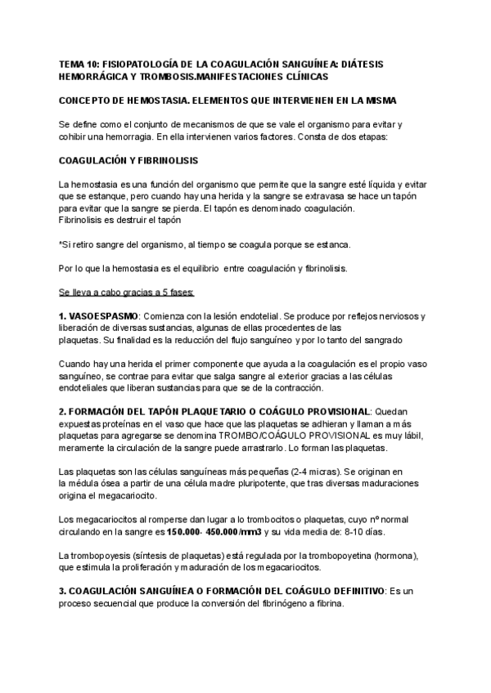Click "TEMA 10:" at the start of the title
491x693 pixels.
pos(79,64)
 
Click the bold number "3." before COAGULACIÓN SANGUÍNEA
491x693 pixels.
pos(64,592)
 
